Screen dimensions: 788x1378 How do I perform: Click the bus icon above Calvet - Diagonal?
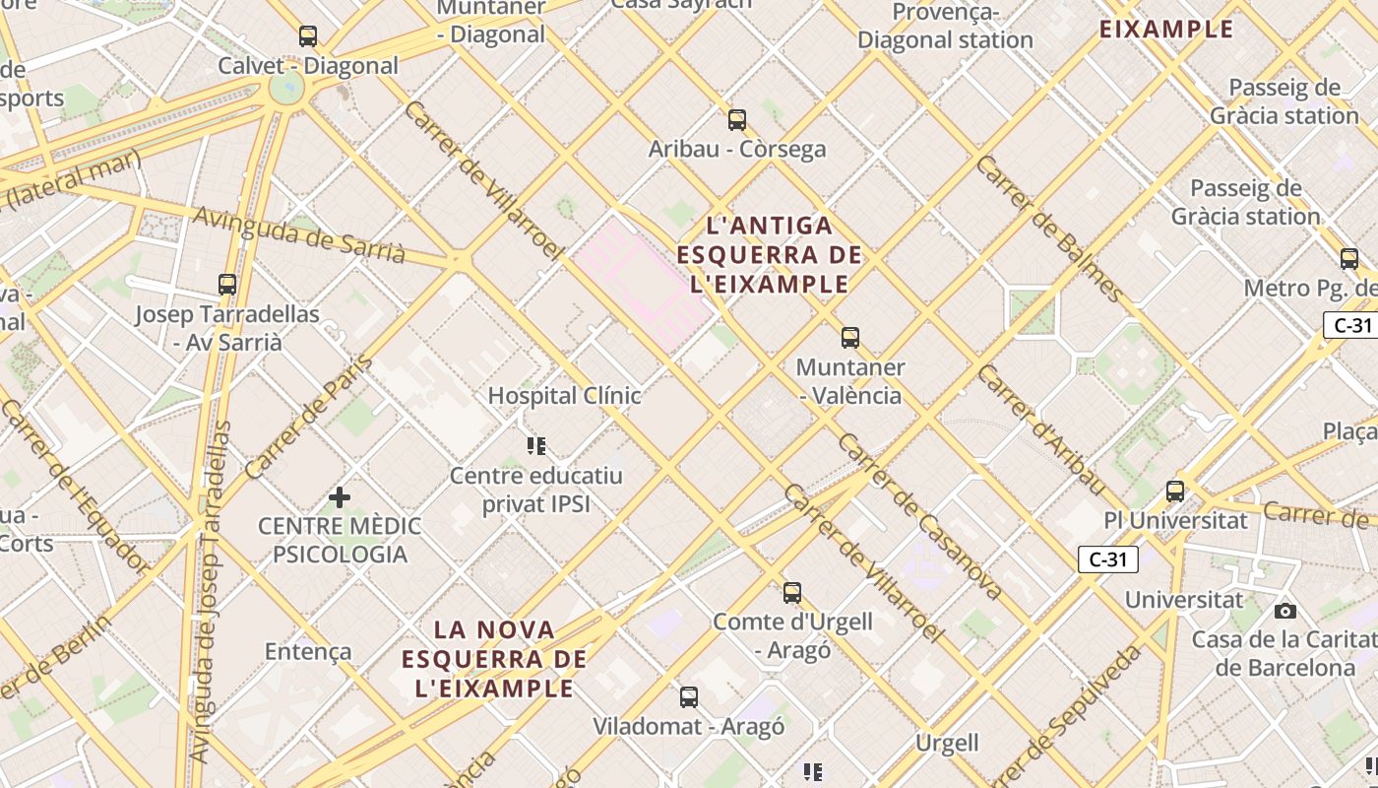[308, 36]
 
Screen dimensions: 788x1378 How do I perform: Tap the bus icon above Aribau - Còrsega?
[737, 120]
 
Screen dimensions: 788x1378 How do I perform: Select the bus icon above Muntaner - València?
[850, 338]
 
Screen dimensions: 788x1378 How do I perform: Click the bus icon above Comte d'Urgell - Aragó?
[792, 593]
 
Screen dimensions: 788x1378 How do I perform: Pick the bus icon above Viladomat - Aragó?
[689, 697]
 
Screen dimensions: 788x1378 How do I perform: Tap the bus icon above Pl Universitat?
[1175, 491]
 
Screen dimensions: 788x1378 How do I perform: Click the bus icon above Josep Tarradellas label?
[227, 285]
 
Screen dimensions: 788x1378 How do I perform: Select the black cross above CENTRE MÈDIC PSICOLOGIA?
[340, 496]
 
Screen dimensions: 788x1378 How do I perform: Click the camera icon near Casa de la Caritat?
[1284, 611]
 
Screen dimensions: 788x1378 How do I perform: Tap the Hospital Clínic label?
[565, 396]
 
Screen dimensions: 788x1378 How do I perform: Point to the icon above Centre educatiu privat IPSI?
[536, 446]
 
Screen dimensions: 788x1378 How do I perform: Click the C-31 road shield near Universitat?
[1107, 559]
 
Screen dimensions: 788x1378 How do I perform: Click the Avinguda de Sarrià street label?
[298, 235]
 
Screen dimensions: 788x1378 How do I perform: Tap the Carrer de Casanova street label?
[918, 515]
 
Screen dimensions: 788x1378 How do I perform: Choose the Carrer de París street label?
[309, 417]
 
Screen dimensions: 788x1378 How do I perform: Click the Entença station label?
[308, 651]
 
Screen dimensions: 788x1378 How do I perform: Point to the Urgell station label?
[947, 742]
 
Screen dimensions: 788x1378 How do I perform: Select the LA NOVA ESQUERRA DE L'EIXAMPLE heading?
[494, 658]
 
